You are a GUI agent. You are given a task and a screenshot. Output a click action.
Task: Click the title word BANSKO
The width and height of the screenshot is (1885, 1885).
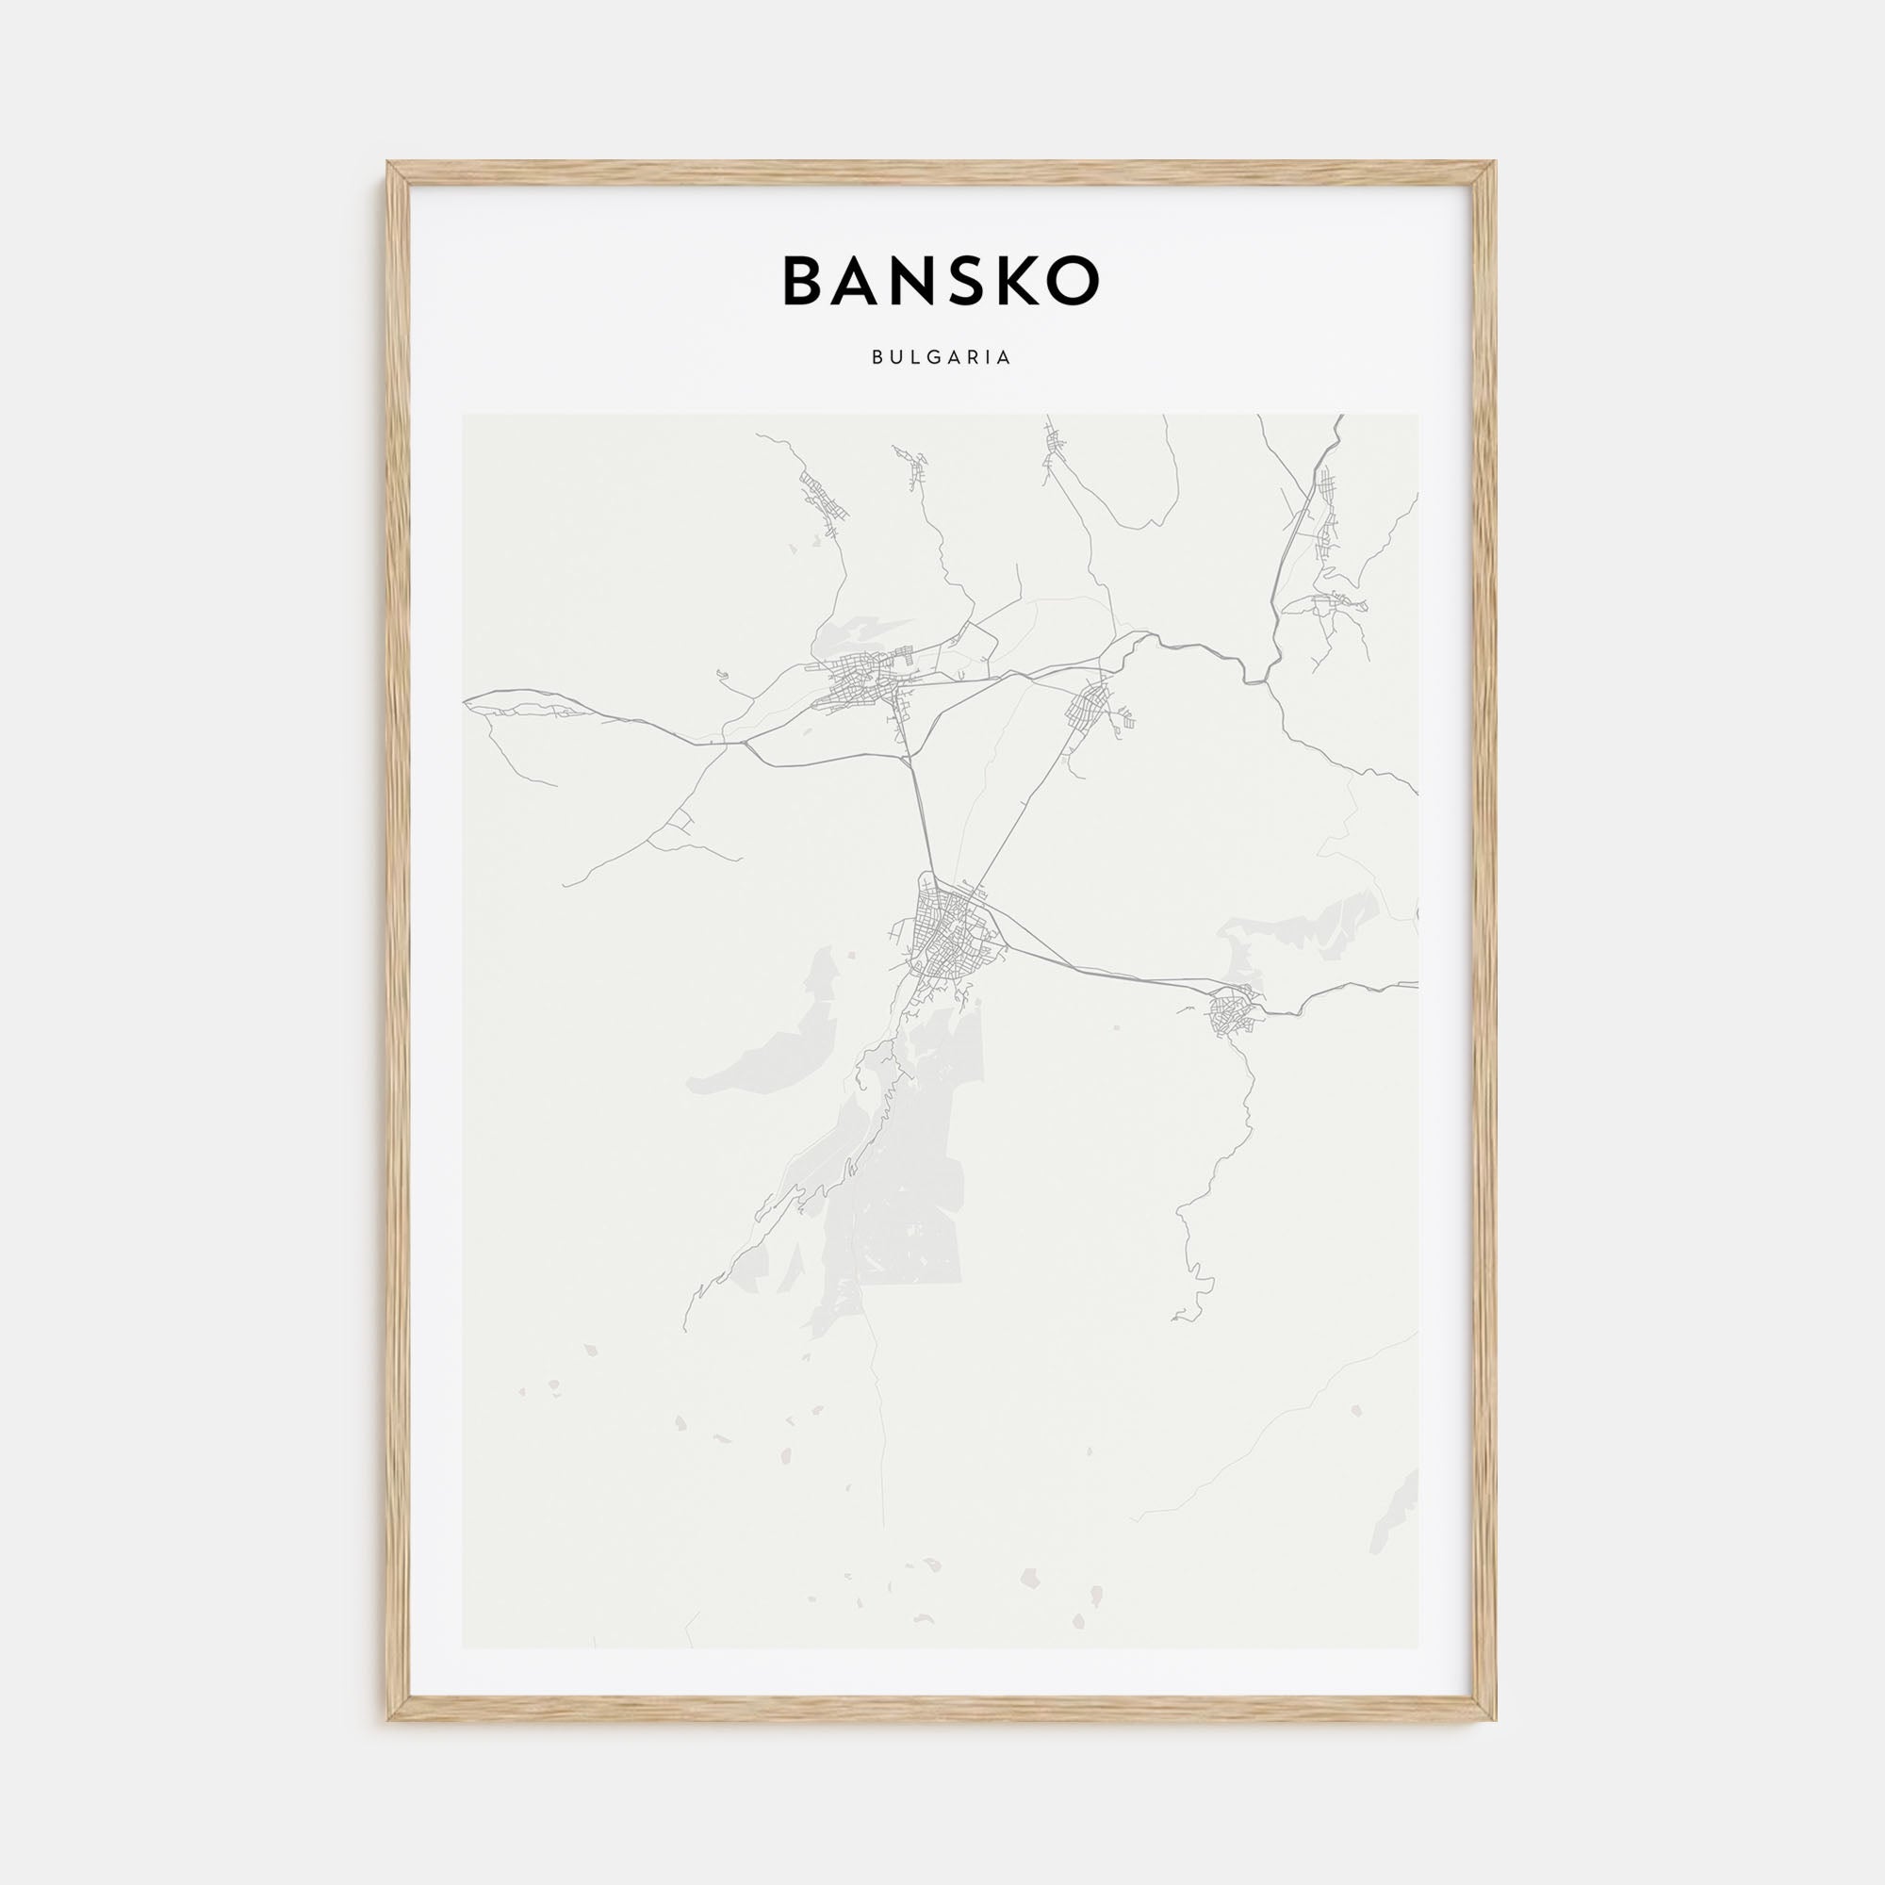[942, 281]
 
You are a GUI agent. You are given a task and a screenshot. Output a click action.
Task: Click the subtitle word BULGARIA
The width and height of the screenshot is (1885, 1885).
[942, 357]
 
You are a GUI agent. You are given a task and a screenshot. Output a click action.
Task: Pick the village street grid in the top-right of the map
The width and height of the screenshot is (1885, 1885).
[1325, 517]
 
